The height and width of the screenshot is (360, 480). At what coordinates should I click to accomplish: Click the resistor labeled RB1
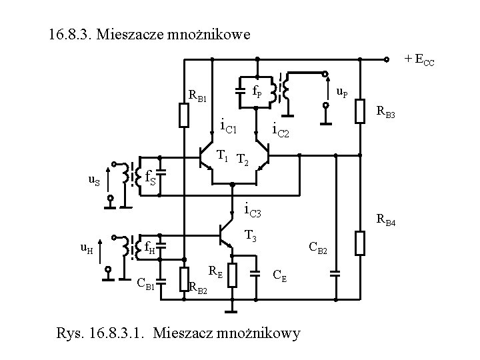click(x=185, y=115)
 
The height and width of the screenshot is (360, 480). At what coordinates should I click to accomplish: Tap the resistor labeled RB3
click(x=360, y=110)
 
